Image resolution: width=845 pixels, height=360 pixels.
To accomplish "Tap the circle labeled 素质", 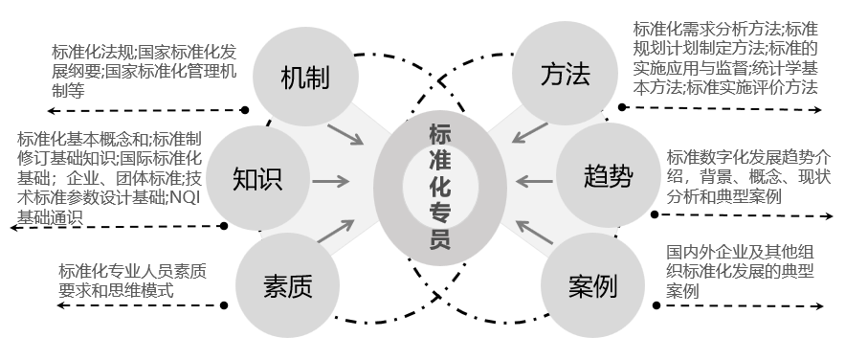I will coord(287,284).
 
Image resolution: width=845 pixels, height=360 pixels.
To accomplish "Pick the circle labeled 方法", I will coord(565,75).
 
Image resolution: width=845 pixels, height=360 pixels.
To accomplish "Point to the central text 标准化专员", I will coord(440,183).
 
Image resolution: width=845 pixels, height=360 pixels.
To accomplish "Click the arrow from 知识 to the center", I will coord(330,179).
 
